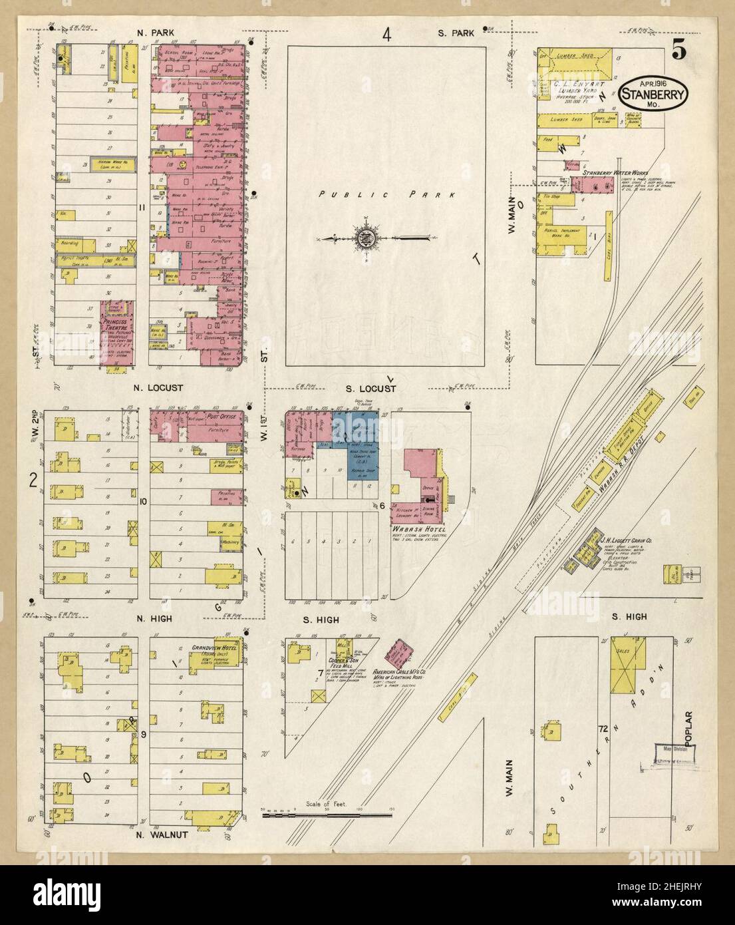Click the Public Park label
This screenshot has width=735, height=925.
pos(386,195)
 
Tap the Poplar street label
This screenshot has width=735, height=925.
pos(692,726)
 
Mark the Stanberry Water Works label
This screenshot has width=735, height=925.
pos(611,173)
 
